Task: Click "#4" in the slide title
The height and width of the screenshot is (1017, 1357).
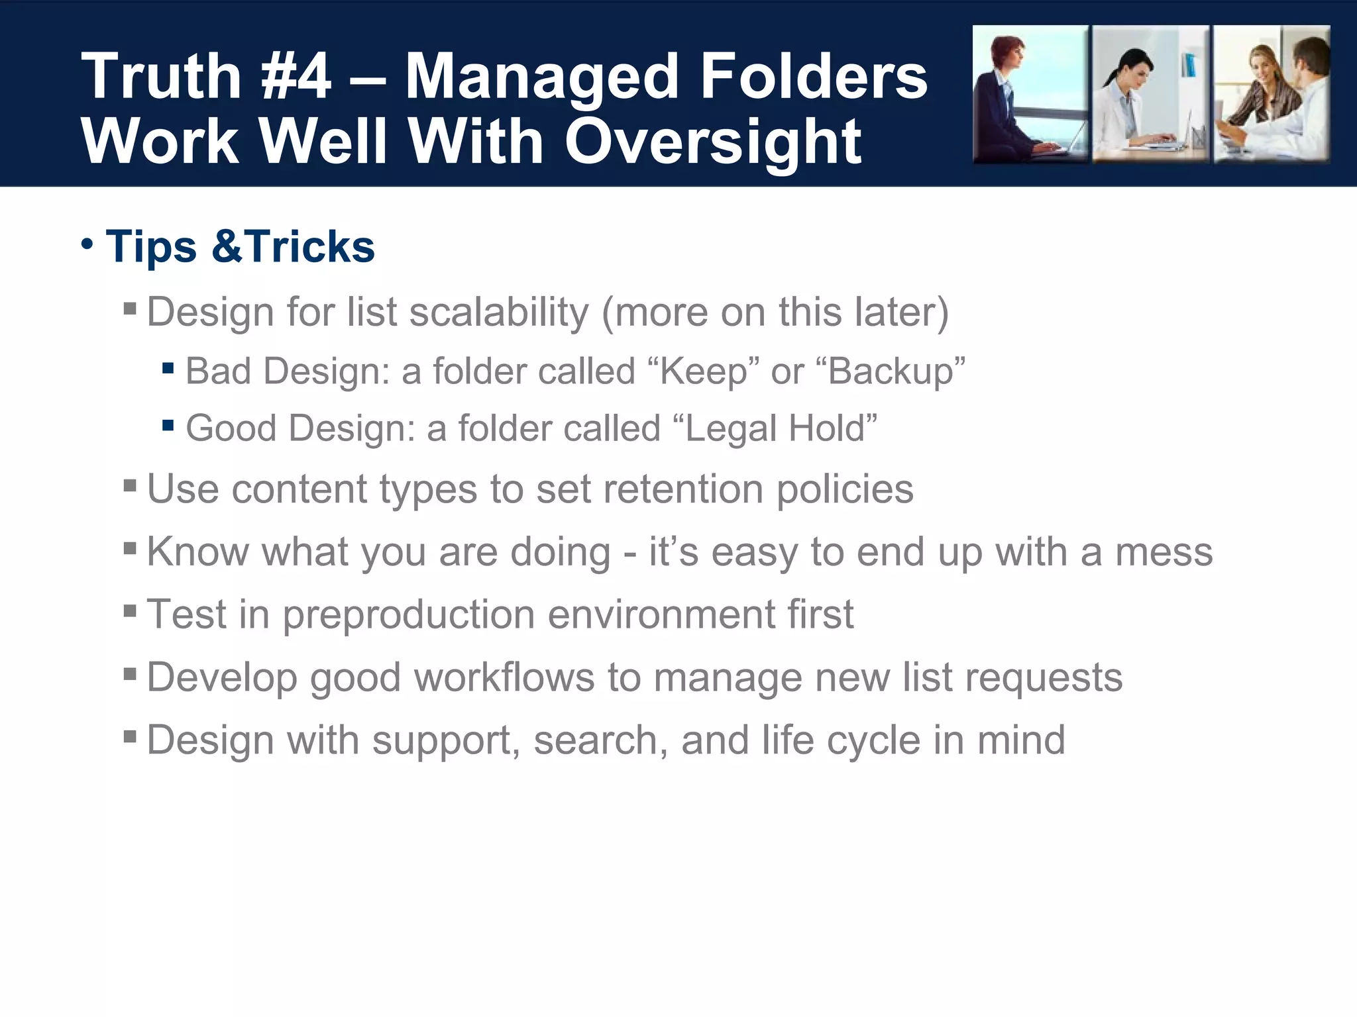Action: pyautogui.click(x=296, y=77)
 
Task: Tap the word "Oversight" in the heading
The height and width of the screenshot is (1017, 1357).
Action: pyautogui.click(x=712, y=142)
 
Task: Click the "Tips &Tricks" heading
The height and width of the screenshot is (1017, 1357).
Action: pyautogui.click(x=240, y=246)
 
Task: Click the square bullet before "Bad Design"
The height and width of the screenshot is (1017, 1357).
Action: pyautogui.click(x=168, y=368)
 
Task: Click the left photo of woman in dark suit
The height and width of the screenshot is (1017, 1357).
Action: pyautogui.click(x=1029, y=95)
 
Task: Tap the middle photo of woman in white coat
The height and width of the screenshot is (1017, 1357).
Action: pyautogui.click(x=1150, y=95)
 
